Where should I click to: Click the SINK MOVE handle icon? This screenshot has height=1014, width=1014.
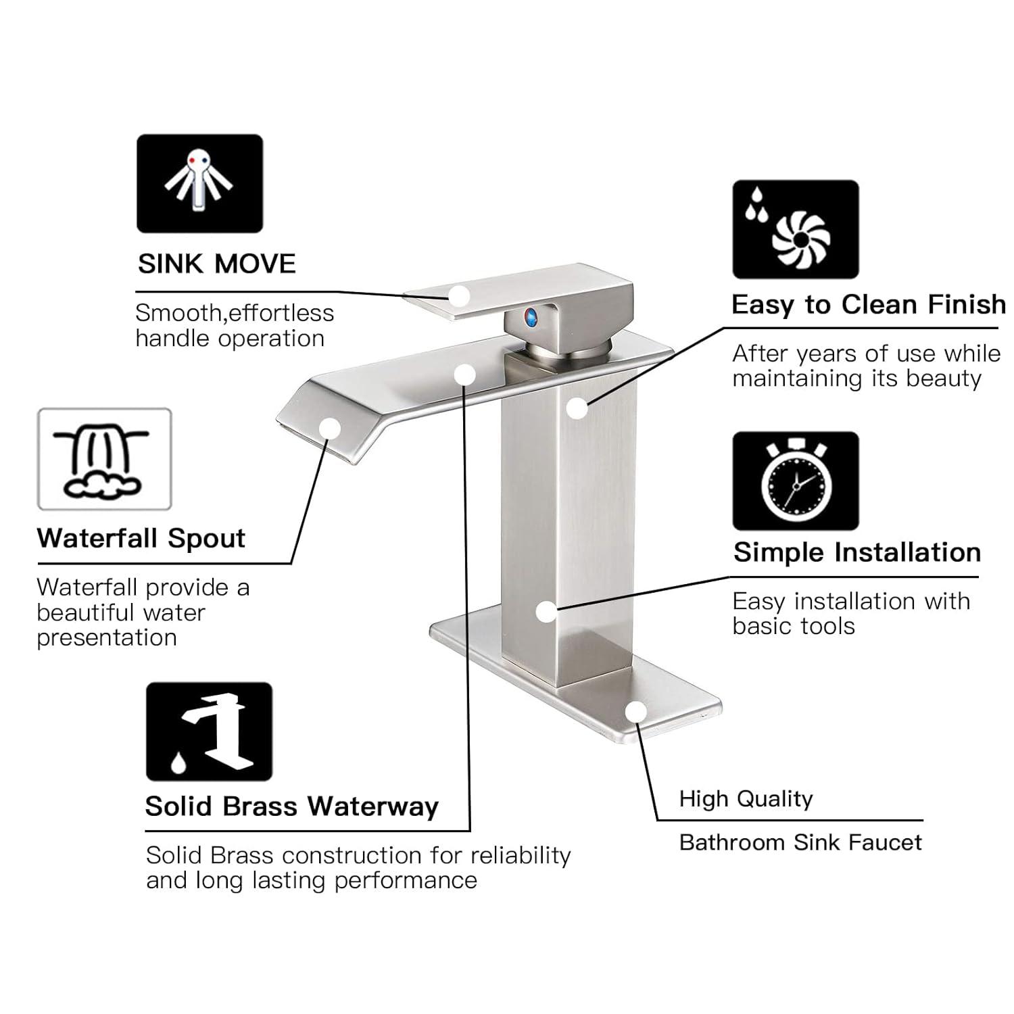point(199,184)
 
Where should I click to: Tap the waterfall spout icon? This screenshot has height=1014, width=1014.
point(104,459)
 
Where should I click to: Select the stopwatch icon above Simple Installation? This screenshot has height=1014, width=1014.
point(796,481)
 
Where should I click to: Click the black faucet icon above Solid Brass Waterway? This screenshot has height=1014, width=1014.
point(209,731)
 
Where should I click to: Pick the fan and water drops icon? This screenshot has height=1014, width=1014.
point(796,229)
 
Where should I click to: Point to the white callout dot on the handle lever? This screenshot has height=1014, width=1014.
point(460,296)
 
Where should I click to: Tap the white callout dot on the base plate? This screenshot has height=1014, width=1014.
point(635,713)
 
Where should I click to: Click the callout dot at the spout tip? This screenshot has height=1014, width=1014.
point(329,428)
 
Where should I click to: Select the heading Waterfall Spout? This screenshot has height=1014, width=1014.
point(141,539)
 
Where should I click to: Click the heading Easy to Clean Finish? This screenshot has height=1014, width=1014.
point(868,305)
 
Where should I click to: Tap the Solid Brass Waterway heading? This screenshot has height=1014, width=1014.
point(291,806)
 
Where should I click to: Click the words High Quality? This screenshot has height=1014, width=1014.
point(746,799)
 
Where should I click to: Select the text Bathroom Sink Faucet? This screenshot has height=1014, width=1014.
point(800,843)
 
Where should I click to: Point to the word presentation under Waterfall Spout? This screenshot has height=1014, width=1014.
point(107,637)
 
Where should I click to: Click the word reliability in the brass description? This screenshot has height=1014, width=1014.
point(521,856)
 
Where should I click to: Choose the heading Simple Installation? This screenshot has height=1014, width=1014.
point(856,553)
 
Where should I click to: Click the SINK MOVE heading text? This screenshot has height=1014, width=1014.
point(217,264)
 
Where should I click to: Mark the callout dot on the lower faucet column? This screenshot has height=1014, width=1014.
point(546,612)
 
